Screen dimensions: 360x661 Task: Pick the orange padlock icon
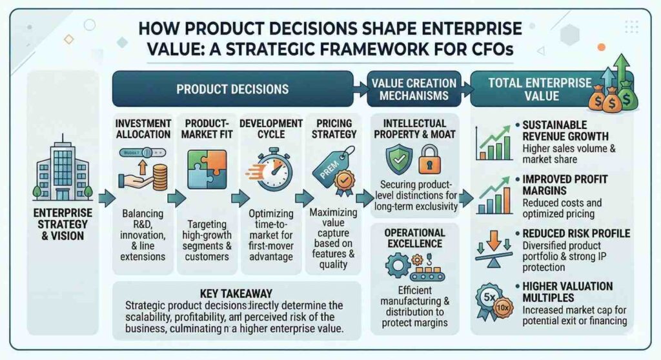(429, 159)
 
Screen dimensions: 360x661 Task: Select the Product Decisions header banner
(232, 88)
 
